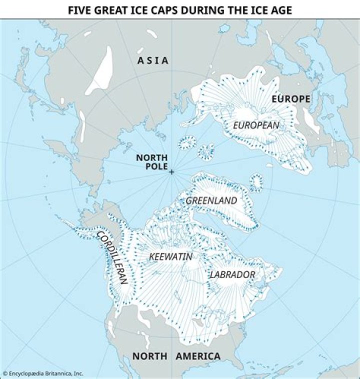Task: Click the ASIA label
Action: click(153, 60)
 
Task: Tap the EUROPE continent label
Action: click(291, 99)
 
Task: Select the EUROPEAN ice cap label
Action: click(256, 125)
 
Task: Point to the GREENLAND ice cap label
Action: click(211, 200)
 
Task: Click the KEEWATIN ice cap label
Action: click(171, 256)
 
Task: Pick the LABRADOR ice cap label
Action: click(232, 274)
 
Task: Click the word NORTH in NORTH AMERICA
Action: click(150, 356)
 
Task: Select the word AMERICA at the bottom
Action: click(198, 356)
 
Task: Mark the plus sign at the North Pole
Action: click(171, 172)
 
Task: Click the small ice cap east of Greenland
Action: click(256, 182)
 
